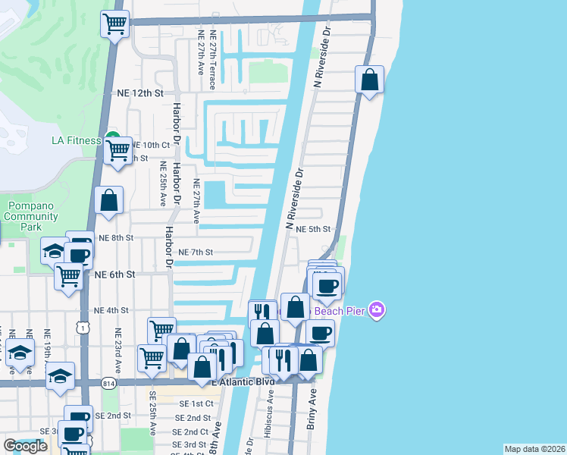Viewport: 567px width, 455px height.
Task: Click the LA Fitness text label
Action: (76, 140)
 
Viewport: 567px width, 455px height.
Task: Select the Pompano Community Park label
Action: (31, 216)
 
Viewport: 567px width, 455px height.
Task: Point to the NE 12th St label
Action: (140, 93)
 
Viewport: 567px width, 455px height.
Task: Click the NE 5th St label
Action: (313, 228)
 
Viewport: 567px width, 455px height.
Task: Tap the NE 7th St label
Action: (195, 252)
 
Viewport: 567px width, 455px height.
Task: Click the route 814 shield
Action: (108, 383)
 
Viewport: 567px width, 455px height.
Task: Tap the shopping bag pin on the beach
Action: (369, 80)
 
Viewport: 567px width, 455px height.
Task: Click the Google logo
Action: (25, 446)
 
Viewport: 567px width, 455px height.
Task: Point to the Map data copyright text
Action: (534, 449)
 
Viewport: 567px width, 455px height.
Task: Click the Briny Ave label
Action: (311, 410)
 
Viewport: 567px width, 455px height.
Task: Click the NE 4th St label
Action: (111, 310)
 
